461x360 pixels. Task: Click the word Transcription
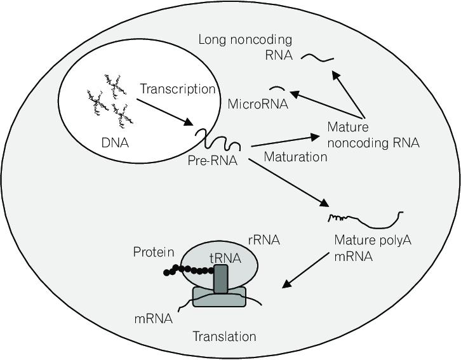point(178,89)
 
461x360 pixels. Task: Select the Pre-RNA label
point(212,161)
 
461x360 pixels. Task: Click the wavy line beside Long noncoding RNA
point(317,58)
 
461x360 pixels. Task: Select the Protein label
point(154,253)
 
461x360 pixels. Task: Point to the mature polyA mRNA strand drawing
point(365,220)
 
